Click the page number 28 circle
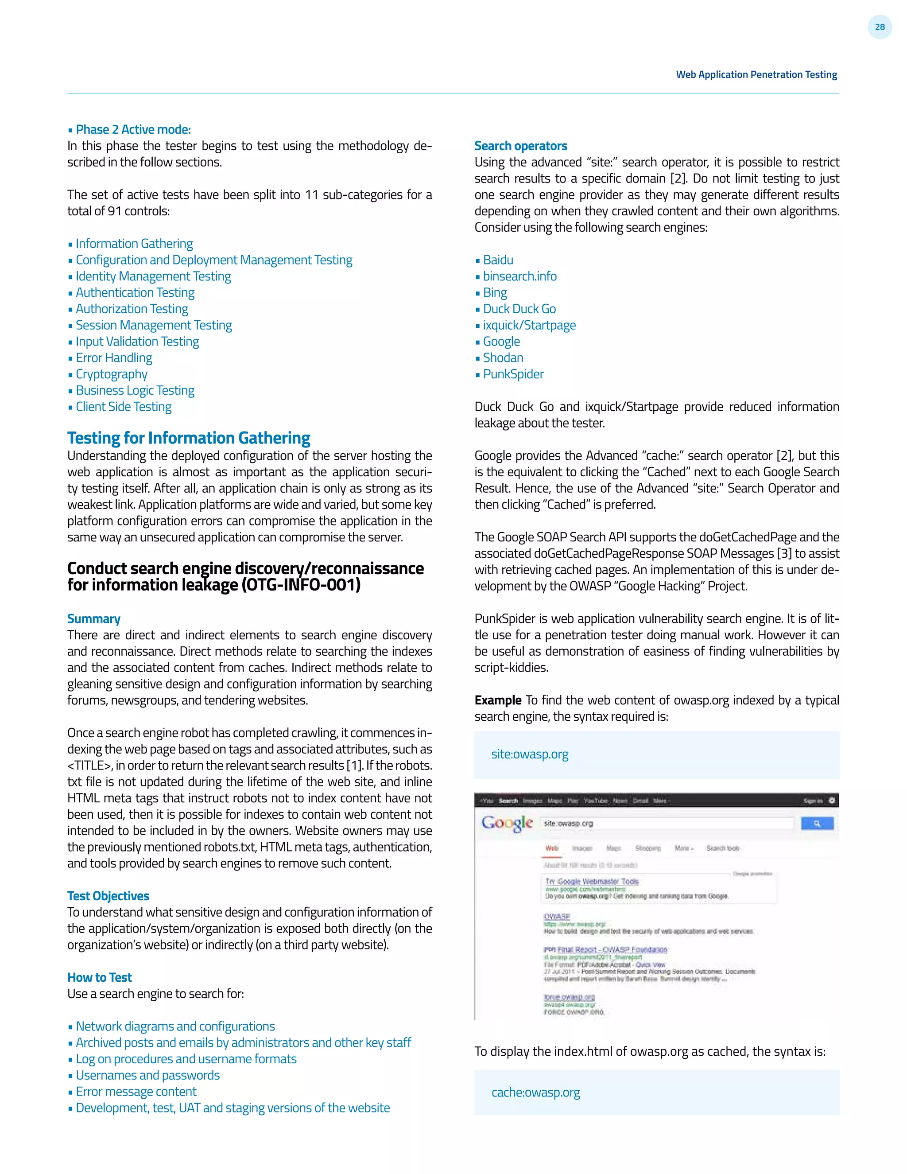[x=880, y=27]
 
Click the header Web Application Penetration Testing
[x=756, y=75]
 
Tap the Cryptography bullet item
[x=111, y=374]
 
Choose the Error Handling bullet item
[x=114, y=358]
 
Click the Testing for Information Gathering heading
[x=189, y=438]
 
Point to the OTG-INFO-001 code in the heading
[x=301, y=585]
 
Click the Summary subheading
[x=93, y=619]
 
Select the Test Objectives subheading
[x=108, y=896]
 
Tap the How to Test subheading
[x=99, y=977]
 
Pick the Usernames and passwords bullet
[x=148, y=1075]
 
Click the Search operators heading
[x=521, y=146]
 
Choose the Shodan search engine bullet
[x=503, y=358]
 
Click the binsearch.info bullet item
[x=519, y=276]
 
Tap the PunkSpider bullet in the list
[x=513, y=374]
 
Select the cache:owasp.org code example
[x=536, y=1092]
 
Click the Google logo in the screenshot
[x=507, y=823]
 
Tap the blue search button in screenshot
[x=817, y=823]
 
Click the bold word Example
[x=497, y=700]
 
